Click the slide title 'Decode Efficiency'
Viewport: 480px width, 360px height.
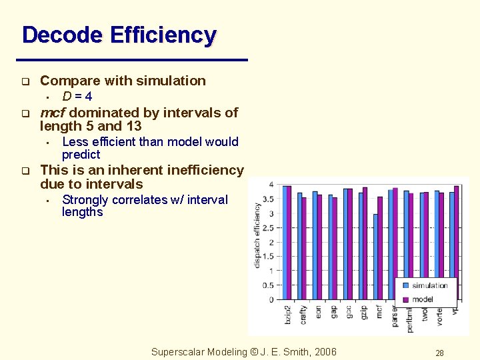click(119, 35)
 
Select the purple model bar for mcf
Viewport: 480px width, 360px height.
click(381, 248)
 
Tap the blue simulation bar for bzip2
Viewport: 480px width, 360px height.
click(285, 243)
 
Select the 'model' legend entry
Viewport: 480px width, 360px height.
click(422, 299)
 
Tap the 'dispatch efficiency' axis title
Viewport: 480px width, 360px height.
click(257, 235)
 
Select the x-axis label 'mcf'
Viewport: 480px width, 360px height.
click(379, 312)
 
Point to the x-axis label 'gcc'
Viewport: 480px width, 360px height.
click(349, 312)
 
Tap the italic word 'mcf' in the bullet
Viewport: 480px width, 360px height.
click(53, 113)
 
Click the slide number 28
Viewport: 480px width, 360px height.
click(439, 353)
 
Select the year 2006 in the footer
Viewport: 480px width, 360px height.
click(325, 352)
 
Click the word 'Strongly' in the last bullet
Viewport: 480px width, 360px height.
click(85, 200)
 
